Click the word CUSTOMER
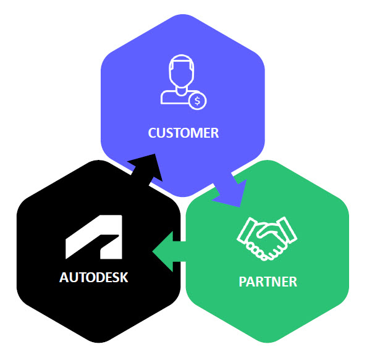(183, 133)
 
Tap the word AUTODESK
(94, 277)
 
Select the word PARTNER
(268, 282)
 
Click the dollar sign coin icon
(198, 101)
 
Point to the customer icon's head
(182, 70)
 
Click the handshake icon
(267, 238)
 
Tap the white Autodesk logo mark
(94, 237)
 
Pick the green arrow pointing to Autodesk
(169, 251)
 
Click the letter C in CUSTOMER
(153, 133)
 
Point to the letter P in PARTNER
(243, 282)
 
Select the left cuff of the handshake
(245, 230)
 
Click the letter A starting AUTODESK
(64, 277)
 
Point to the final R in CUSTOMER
(214, 133)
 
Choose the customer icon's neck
(182, 90)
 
